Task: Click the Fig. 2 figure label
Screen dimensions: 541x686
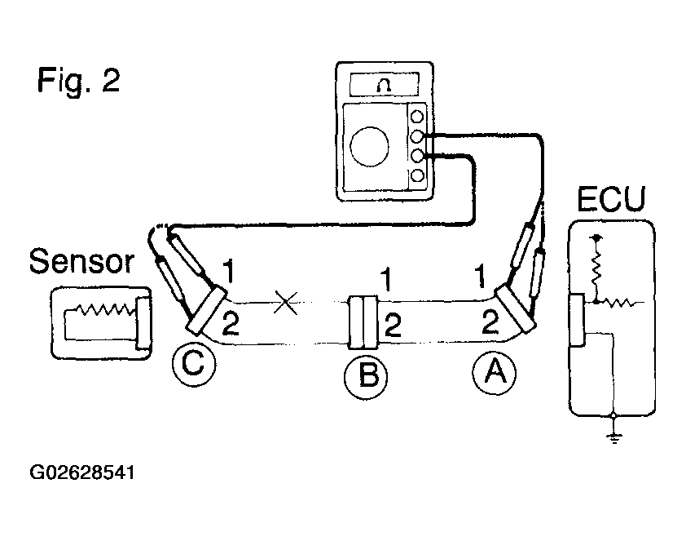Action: (78, 81)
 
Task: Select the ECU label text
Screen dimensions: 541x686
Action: (611, 199)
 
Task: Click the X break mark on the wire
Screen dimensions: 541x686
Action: (286, 304)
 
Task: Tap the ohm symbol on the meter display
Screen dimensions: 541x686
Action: (382, 84)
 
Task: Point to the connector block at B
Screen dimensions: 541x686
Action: (363, 321)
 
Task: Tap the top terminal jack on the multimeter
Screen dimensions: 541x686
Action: (418, 117)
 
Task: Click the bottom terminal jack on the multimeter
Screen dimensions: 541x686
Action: (418, 175)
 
